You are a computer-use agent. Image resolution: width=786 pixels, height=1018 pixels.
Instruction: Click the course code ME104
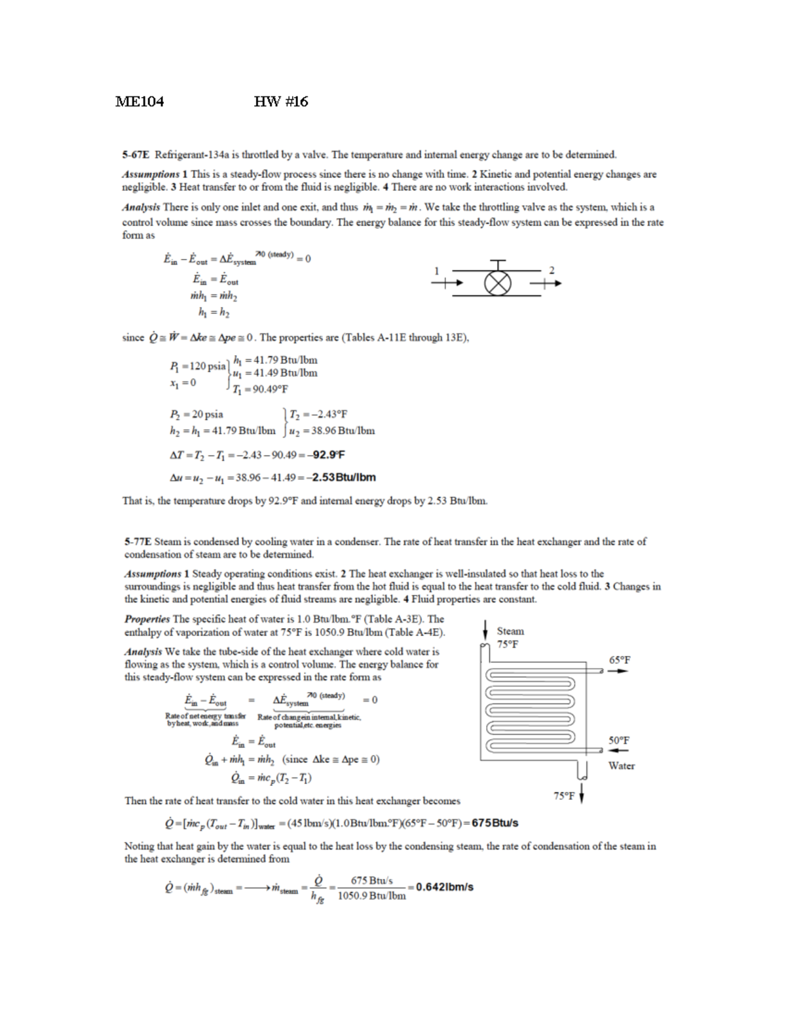(x=140, y=102)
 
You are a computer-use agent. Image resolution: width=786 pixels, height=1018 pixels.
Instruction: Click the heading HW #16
(x=280, y=102)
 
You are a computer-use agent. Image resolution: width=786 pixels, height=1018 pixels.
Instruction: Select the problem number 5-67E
(x=136, y=155)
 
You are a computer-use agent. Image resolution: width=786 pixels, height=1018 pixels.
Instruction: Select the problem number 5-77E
(x=138, y=541)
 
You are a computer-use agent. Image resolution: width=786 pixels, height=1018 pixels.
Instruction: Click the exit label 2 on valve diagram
(x=552, y=270)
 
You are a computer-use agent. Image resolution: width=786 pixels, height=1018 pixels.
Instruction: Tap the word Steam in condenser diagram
(x=510, y=631)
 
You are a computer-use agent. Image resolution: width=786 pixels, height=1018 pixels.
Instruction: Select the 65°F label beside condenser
(x=620, y=659)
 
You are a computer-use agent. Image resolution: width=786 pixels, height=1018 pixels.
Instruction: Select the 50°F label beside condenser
(x=619, y=740)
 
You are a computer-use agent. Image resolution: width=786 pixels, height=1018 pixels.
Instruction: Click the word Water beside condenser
(x=621, y=766)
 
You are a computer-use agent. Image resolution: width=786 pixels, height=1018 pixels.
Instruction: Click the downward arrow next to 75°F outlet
(x=582, y=796)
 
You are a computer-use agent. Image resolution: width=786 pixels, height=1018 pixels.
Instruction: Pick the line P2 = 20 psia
(x=196, y=414)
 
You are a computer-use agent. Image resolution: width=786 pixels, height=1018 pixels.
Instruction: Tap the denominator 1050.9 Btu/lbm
(x=371, y=895)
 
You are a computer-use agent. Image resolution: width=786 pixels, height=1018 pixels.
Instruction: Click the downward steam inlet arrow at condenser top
(x=485, y=629)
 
